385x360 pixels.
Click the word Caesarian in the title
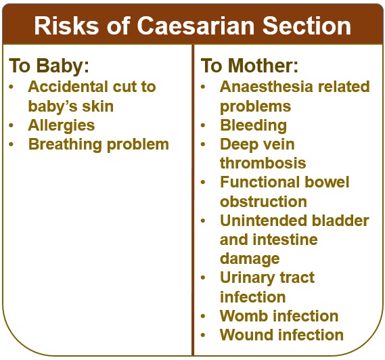196,26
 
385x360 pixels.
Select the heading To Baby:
49,66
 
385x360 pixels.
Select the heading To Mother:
249,66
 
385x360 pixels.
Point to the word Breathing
65,145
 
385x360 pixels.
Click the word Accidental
68,87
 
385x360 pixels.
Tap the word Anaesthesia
267,87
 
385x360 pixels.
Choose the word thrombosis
263,163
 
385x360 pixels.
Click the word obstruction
263,202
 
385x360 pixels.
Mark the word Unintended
261,221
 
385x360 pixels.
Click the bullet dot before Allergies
11,125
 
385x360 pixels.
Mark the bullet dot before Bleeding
203,125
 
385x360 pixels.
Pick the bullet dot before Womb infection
203,316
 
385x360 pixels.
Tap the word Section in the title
307,26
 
